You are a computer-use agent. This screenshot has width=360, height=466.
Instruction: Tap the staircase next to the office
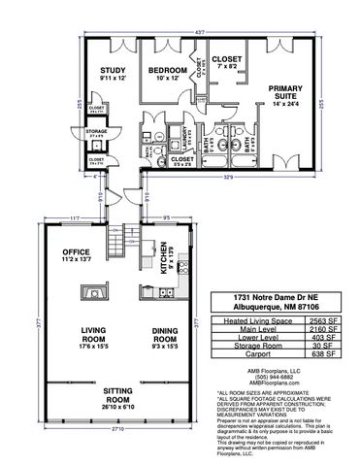(x=119, y=237)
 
